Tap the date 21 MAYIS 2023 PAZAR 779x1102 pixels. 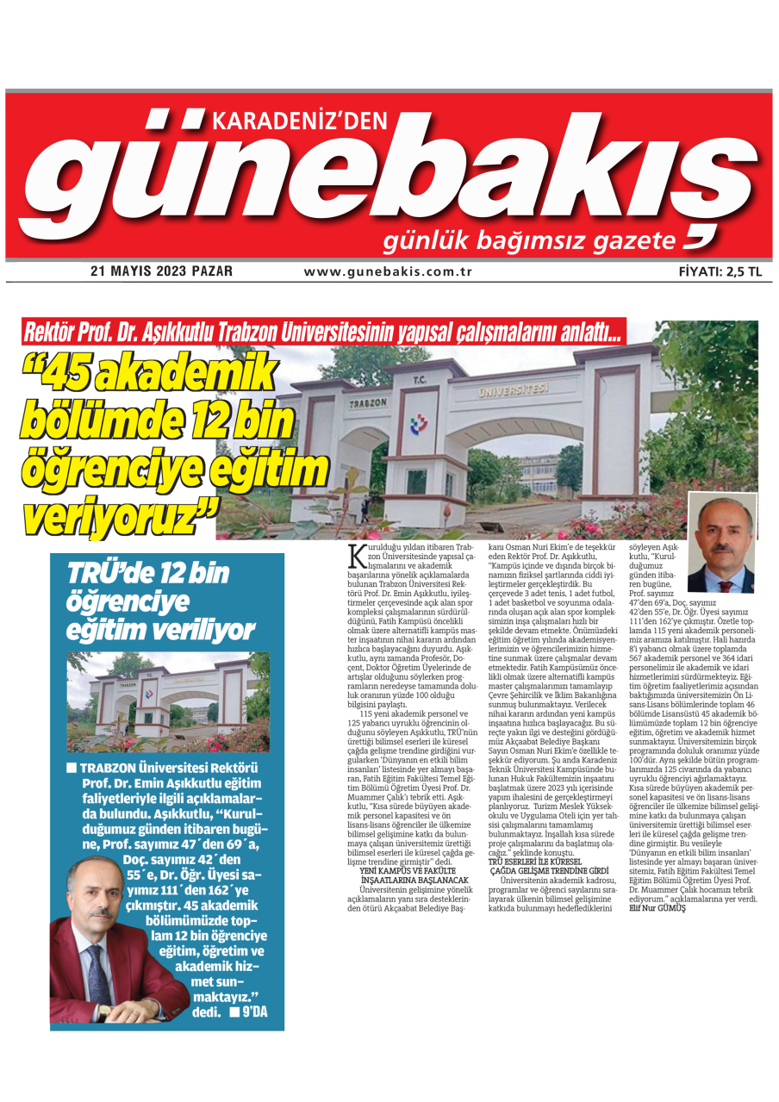(x=161, y=271)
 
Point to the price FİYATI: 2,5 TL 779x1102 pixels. (x=720, y=271)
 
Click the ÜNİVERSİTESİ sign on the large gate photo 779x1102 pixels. (x=514, y=391)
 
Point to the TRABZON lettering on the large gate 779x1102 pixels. (x=368, y=403)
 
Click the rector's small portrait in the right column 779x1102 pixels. (x=721, y=544)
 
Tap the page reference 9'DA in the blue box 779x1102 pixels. (x=254, y=1012)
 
